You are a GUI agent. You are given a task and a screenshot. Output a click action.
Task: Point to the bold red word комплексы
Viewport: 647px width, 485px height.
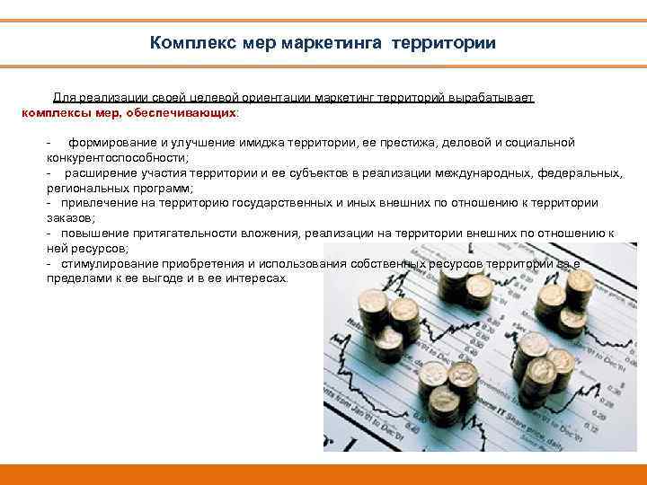57,113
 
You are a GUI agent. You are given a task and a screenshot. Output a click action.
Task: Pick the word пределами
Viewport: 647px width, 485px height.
77,278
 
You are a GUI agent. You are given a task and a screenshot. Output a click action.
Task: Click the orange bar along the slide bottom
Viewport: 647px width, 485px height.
323,473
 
